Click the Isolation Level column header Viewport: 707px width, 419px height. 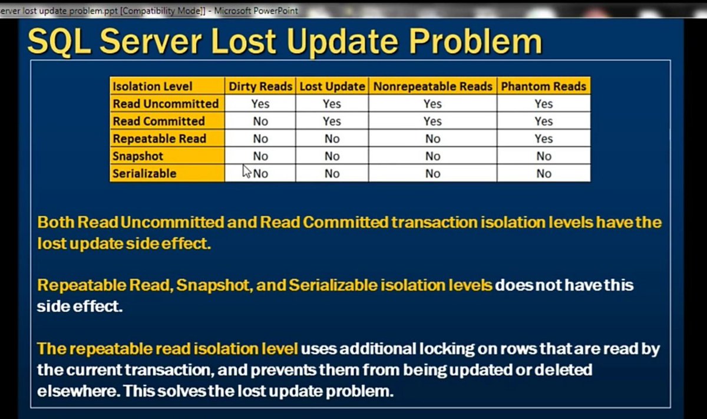tap(153, 86)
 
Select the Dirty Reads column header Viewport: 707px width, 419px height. tap(260, 86)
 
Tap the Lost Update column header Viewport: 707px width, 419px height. tap(332, 86)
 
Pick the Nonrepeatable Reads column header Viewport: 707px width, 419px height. tap(432, 86)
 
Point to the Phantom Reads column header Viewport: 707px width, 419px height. tap(543, 86)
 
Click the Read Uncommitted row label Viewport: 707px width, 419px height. tap(166, 104)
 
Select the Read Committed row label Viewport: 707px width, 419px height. tap(158, 121)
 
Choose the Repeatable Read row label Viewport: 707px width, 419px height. tap(159, 139)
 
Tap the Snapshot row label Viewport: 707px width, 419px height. tap(138, 156)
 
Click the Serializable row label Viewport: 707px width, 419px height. tap(144, 174)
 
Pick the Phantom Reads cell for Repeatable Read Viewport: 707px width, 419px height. tap(543, 139)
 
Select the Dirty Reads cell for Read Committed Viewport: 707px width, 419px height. tap(260, 121)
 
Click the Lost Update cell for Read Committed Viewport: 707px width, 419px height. tap(332, 121)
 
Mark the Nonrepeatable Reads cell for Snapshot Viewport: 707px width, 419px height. tap(432, 156)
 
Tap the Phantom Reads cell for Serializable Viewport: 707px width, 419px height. tap(543, 174)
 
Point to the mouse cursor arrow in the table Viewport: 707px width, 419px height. tap(247, 171)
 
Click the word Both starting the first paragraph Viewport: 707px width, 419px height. tap(56, 223)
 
